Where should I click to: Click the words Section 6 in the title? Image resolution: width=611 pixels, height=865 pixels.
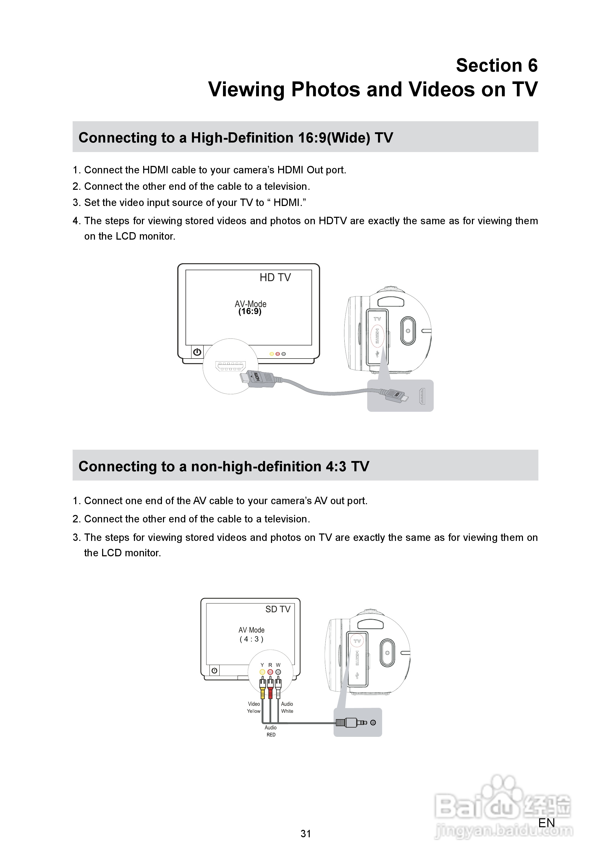coord(496,65)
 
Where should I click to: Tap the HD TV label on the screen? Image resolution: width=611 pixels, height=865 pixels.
coord(275,278)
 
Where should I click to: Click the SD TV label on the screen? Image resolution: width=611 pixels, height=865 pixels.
coord(278,609)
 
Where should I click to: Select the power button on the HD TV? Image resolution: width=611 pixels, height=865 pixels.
coord(197,352)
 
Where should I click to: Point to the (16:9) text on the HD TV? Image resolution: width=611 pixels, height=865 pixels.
coord(250,312)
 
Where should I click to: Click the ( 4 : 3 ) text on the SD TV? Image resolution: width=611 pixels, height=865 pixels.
coord(251,639)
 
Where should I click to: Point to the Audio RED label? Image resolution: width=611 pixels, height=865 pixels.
coord(271,731)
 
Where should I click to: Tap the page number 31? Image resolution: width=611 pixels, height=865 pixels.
coord(306,834)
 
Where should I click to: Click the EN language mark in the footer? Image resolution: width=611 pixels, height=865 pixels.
coord(546,823)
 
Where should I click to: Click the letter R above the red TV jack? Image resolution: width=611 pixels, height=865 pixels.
coord(270,665)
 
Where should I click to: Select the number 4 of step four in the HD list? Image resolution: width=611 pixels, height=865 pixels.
coord(75,221)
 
